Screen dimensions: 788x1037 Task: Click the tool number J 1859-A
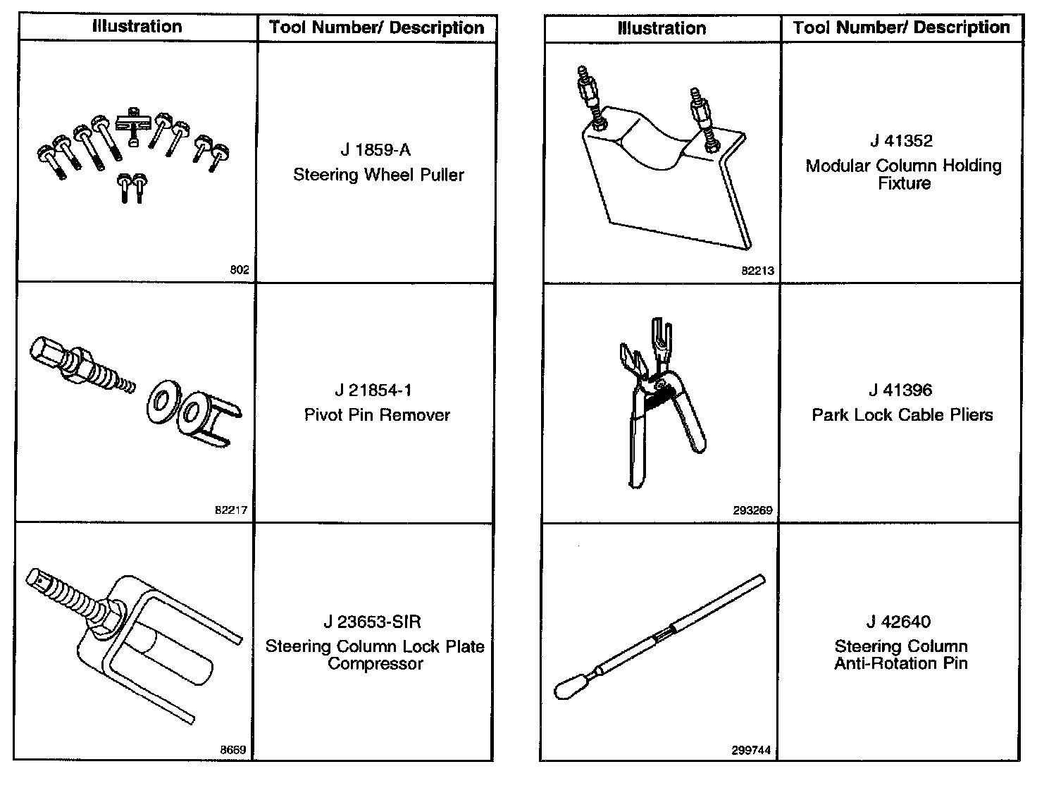tap(375, 150)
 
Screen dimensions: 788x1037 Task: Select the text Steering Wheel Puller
tap(378, 175)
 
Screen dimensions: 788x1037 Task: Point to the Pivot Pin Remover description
tap(377, 415)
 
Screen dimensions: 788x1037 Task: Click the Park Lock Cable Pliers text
tap(902, 415)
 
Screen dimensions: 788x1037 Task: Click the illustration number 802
tap(240, 269)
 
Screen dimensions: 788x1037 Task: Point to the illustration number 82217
tap(231, 510)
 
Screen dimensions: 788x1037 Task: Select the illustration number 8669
tap(232, 750)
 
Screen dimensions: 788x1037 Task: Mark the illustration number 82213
tap(758, 270)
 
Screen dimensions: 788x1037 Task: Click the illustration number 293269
tap(752, 510)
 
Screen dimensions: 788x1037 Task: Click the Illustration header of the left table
tap(137, 27)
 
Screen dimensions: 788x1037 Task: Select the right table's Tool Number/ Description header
tap(901, 27)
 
